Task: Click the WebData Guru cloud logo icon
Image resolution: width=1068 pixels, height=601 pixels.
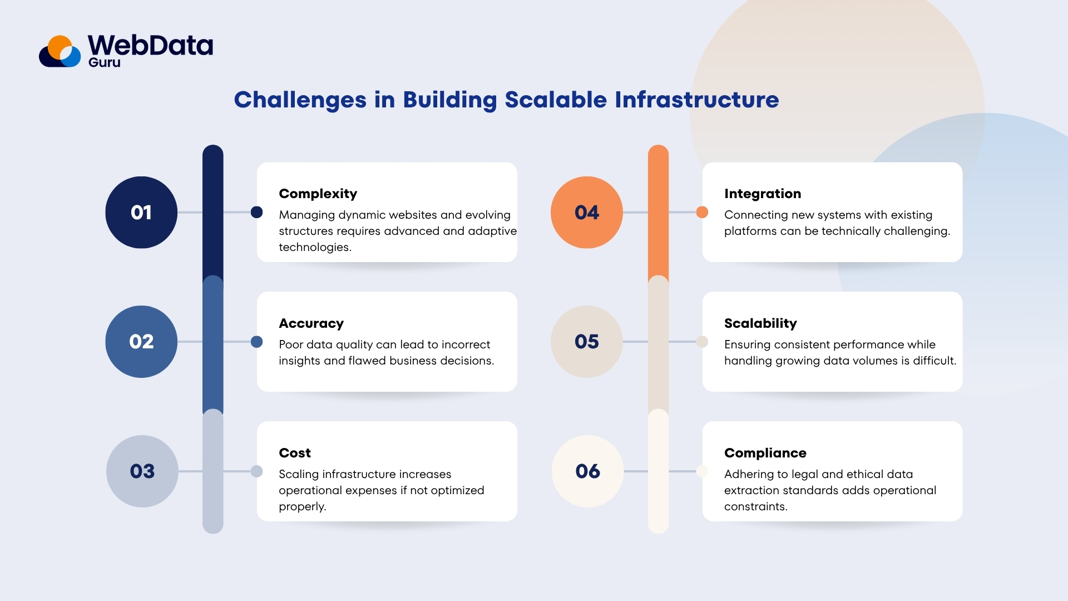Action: (x=60, y=52)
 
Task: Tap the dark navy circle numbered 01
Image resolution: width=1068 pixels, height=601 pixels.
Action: (x=141, y=213)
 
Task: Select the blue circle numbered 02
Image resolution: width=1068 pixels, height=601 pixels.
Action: (x=141, y=342)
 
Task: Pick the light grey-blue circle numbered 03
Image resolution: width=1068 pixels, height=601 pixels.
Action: (x=142, y=471)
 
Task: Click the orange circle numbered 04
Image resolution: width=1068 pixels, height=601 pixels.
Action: (x=587, y=213)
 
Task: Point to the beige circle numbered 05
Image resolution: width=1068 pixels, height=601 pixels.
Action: (x=587, y=342)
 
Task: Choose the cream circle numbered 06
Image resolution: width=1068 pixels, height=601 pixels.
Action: (x=588, y=471)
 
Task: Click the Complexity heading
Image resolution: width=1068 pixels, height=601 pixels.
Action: (x=318, y=194)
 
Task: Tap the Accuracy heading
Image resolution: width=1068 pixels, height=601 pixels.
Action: (x=311, y=323)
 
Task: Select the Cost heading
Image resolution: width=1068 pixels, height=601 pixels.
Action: (x=295, y=453)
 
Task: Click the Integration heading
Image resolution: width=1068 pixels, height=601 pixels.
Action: (x=763, y=194)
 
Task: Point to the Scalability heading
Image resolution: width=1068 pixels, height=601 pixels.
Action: (x=760, y=323)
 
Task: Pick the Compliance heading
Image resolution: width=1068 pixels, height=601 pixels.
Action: (x=765, y=453)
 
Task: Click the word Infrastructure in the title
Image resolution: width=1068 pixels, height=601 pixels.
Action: (x=696, y=100)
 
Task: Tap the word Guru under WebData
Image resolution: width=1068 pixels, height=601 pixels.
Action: (x=105, y=63)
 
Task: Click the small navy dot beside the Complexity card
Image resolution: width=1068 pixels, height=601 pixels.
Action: (x=256, y=212)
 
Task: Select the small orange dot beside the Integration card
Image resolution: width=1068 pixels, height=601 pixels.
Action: (x=702, y=212)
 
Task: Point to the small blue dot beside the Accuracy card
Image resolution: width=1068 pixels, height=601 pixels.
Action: (x=256, y=342)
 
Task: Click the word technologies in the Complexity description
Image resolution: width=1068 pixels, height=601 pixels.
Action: (x=314, y=247)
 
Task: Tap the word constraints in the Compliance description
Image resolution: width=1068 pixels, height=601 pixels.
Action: (x=755, y=506)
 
